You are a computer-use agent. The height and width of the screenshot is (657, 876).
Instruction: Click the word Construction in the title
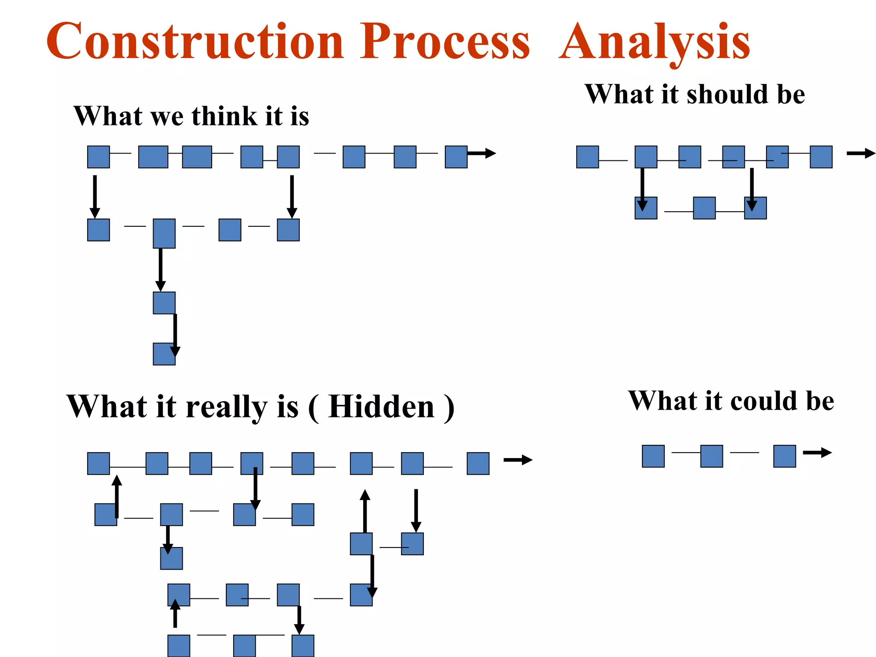(x=195, y=41)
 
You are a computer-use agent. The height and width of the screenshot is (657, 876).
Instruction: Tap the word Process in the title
(x=444, y=41)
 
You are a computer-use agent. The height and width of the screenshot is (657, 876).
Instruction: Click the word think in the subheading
(x=224, y=116)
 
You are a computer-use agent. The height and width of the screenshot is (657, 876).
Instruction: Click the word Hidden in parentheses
(x=382, y=406)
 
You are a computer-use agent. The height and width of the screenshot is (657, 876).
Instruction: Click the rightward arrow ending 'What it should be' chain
(x=861, y=153)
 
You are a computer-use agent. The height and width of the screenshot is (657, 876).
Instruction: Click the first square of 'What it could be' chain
(x=653, y=456)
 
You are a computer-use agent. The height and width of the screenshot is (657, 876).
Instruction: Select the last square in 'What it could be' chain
(x=784, y=456)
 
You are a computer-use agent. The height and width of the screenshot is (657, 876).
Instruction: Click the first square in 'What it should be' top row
(x=587, y=157)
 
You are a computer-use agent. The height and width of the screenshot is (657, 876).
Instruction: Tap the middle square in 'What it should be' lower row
(x=704, y=208)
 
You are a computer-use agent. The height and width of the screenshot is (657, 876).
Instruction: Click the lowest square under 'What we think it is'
(x=164, y=354)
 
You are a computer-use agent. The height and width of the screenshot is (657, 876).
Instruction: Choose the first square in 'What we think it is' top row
(x=98, y=157)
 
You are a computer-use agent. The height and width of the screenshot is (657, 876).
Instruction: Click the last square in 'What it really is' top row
(x=478, y=463)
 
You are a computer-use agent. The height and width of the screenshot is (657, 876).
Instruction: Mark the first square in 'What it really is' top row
(x=98, y=463)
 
